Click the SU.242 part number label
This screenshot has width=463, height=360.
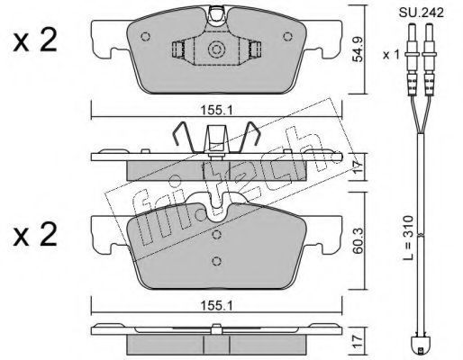point(422,13)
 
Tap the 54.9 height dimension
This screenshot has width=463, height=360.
point(358,49)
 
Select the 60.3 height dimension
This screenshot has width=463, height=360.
point(358,241)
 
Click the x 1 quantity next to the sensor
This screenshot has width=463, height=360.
point(391,55)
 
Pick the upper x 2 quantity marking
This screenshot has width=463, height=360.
point(35,41)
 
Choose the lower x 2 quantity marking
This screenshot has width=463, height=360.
point(35,235)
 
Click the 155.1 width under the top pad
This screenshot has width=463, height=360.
point(216,112)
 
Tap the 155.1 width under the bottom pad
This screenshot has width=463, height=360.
point(216,306)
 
